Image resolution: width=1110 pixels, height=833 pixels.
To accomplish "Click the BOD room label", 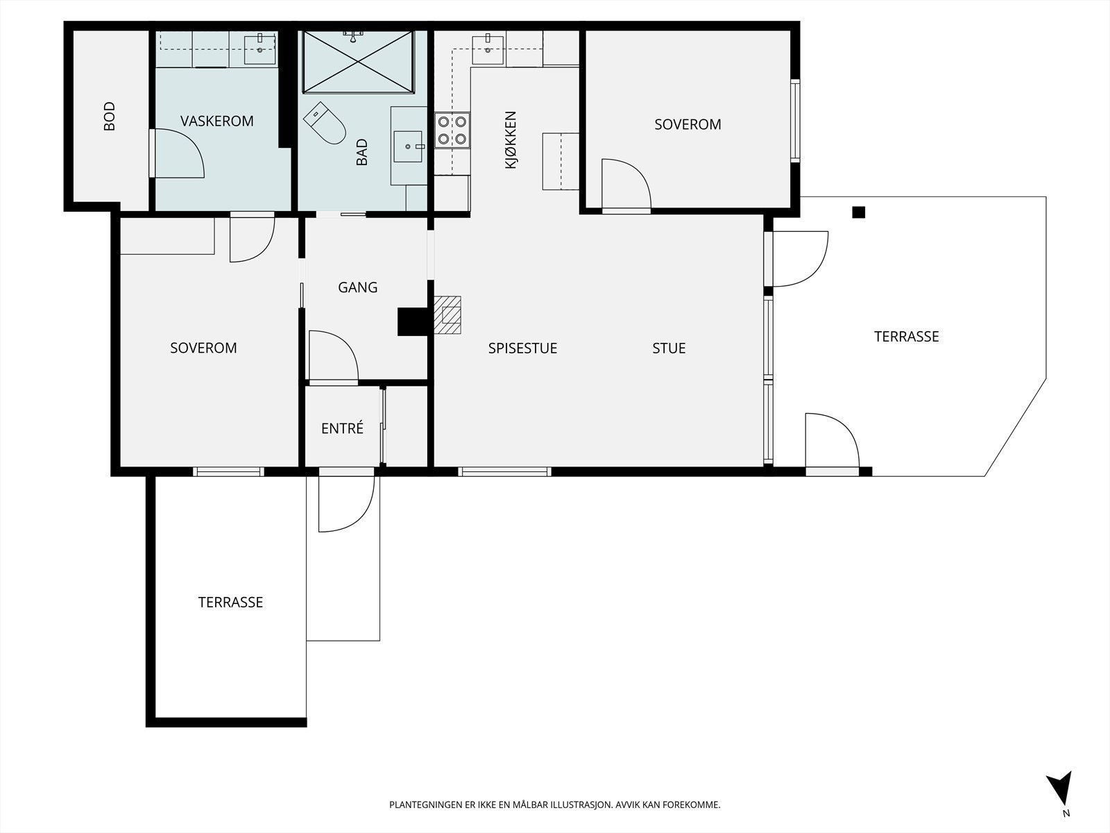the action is pos(109,117).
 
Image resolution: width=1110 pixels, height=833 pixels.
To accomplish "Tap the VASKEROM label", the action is pos(217,121).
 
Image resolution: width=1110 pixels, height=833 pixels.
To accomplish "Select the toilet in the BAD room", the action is pos(325,124).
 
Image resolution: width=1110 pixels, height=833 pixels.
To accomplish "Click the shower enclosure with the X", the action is pos(358,62).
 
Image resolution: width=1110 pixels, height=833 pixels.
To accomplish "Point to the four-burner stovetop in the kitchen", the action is pos(452,130).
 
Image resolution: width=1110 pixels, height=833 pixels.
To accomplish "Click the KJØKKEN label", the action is pos(511,140).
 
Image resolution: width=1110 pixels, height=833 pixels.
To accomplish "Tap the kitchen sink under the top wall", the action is pos(488,49).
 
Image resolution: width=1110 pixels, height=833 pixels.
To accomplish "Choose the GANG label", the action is pos(357,287).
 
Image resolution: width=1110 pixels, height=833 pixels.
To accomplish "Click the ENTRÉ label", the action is pos(342,428).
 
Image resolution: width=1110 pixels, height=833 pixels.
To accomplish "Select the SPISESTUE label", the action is pos(522,348).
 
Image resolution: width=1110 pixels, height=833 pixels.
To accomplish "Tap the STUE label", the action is pos(669,348).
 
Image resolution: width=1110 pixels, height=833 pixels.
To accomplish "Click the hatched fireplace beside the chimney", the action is pos(447,315).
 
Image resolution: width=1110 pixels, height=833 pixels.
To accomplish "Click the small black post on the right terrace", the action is pos(859,212).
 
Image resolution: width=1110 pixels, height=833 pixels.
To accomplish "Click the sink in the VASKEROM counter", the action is pos(260,49).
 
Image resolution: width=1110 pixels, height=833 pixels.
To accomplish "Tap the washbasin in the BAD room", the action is pos(408,146).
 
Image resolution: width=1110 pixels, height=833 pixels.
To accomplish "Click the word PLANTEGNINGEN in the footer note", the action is pos(426,805).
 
